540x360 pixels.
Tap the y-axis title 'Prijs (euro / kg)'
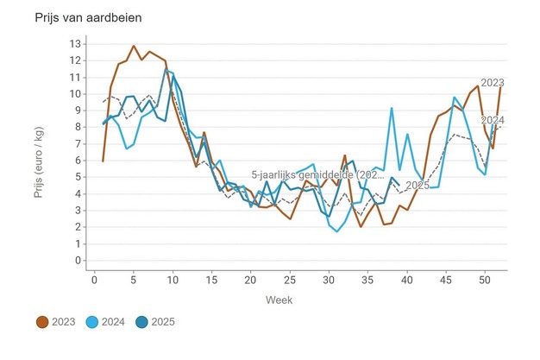point(39,152)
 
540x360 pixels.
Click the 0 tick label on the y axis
point(78,260)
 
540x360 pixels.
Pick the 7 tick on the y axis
point(78,143)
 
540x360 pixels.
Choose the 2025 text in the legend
point(163,322)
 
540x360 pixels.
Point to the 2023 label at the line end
point(492,83)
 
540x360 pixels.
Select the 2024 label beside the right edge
point(492,119)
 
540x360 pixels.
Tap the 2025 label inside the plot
point(418,186)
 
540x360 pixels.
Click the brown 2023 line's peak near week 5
point(134,46)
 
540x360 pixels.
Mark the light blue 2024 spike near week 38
point(392,108)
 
